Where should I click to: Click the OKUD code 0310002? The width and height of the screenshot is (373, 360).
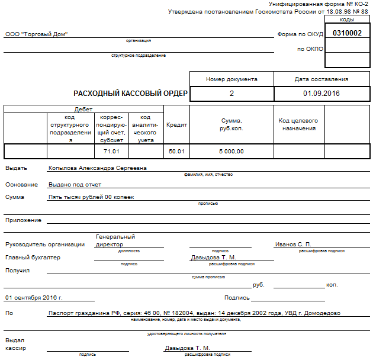[x=347, y=34]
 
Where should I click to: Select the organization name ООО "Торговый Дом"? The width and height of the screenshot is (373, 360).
[x=37, y=34]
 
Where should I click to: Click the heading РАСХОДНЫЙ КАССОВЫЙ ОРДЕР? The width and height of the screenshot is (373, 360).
[x=130, y=94]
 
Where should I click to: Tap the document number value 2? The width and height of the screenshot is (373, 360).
[x=231, y=94]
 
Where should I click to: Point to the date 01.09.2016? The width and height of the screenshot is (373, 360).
[x=321, y=94]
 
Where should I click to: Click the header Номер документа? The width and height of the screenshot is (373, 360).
[x=231, y=79]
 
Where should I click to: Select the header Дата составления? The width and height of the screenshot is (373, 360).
[x=321, y=79]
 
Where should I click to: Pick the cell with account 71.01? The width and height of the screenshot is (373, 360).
[x=111, y=152]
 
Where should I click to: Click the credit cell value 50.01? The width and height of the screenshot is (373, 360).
[x=176, y=152]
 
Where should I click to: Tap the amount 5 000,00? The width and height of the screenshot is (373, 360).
[x=231, y=152]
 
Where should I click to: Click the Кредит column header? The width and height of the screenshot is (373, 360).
[x=176, y=125]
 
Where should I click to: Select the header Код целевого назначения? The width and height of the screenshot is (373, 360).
[x=298, y=124]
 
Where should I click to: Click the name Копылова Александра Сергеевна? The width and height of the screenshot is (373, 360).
[x=98, y=168]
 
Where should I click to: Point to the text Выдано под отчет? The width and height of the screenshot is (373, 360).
[x=75, y=185]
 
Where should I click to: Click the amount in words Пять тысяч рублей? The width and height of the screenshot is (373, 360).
[x=92, y=197]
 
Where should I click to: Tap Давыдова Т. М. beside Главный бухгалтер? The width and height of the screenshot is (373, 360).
[x=213, y=258]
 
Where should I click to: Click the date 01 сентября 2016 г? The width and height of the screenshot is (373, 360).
[x=34, y=297]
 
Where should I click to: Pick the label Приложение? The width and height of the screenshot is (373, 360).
[x=23, y=220]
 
